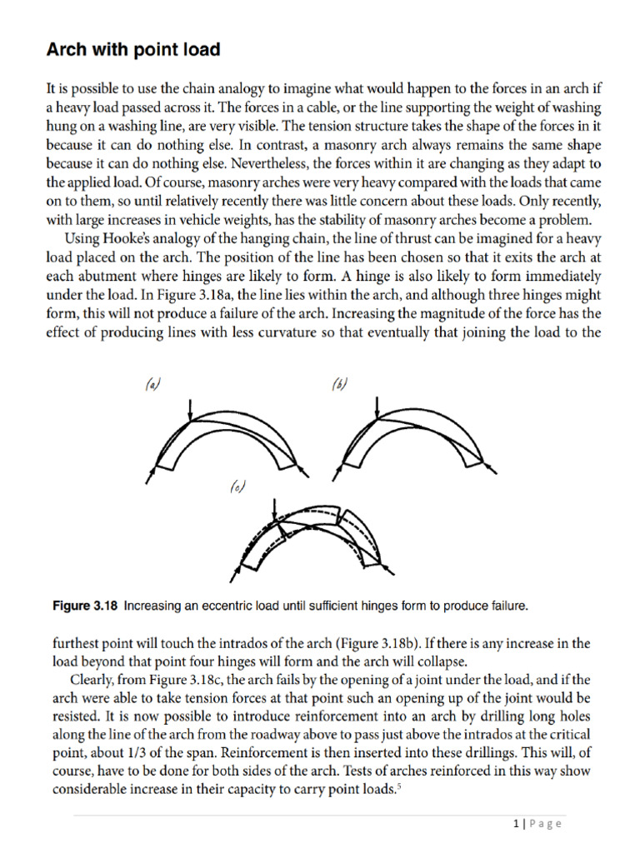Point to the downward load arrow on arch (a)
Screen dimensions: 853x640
192,409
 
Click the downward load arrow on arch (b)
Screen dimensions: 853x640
379,408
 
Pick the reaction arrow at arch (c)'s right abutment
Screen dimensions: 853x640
388,570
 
